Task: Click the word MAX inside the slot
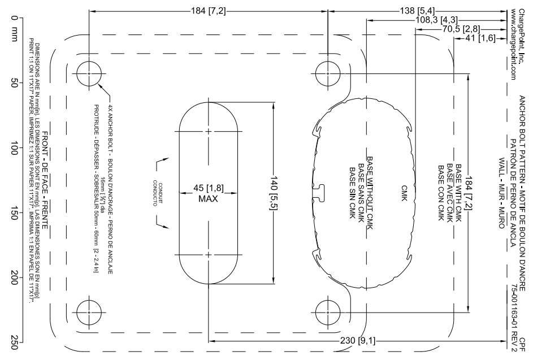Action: point(208,198)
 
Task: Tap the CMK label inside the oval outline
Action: point(404,193)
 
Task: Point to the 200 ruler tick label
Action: point(14,277)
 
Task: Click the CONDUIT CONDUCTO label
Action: point(158,193)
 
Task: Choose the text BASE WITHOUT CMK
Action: point(370,193)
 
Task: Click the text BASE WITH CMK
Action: point(458,193)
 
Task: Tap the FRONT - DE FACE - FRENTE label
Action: point(45,184)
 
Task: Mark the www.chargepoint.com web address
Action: point(513,44)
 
